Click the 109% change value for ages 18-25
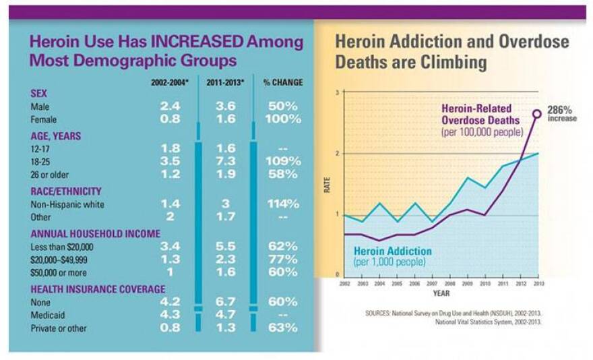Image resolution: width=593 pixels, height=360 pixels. tap(282, 162)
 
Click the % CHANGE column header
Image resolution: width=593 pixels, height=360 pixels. tap(282, 83)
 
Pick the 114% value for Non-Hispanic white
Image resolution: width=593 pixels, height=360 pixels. tap(282, 204)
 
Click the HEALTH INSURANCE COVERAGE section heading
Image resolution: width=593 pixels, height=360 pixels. tap(98, 289)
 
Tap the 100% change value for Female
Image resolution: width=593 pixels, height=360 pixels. tap(282, 119)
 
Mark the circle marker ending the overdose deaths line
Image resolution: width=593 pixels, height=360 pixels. tap(537, 113)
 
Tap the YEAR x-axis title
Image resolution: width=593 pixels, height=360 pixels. tap(441, 294)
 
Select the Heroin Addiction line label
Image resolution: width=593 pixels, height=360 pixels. tap(393, 251)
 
